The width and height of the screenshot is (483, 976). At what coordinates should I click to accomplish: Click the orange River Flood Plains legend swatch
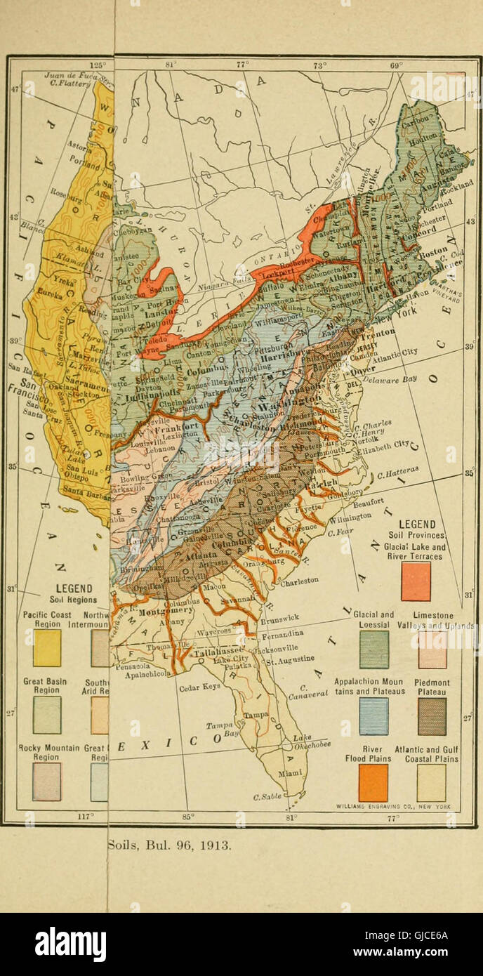pos(373,782)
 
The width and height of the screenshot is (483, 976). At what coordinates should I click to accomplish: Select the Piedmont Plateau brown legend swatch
pos(432,715)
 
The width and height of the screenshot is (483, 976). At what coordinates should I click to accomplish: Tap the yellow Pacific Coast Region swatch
pos(47,647)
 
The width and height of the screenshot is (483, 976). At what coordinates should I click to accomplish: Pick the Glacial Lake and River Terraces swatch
pos(416,581)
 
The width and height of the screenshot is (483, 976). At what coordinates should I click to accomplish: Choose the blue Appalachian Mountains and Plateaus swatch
pos(373,715)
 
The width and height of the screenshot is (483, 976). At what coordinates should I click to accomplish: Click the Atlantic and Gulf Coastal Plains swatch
pos(431,782)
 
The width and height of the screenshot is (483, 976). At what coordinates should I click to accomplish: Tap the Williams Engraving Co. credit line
pos(395,806)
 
